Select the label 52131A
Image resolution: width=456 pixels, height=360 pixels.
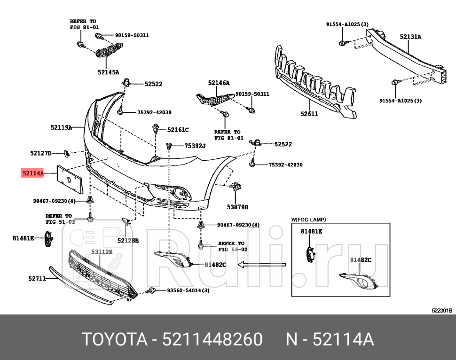410,36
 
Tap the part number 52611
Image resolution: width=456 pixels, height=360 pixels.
309,114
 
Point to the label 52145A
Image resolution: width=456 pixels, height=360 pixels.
108,72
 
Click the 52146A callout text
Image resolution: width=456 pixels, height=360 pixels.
219,83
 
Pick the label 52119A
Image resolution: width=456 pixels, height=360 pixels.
61,127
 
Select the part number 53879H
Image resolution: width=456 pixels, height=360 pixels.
237,206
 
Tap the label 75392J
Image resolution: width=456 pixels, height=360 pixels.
195,146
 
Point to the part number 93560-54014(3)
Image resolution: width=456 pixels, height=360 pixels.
188,290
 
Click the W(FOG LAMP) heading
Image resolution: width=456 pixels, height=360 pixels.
309,219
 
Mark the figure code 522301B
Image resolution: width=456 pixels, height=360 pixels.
441,310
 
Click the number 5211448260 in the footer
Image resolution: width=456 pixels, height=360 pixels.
212,338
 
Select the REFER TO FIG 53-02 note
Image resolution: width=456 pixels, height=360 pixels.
231,247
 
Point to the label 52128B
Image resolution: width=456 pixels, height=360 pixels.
128,240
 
